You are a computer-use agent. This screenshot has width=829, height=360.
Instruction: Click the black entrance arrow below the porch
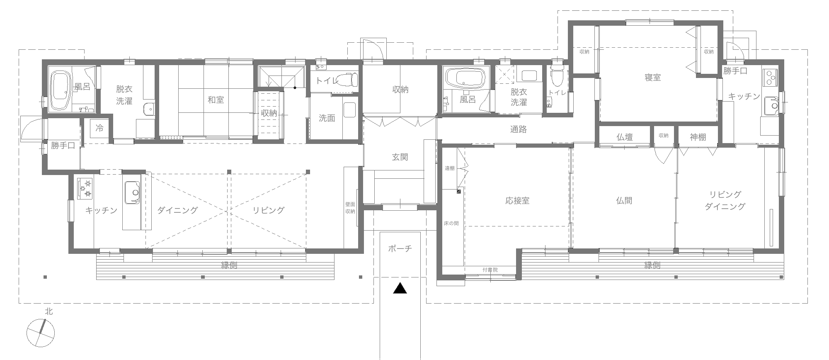[x=400, y=289]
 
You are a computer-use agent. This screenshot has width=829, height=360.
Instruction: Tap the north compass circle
[x=41, y=333]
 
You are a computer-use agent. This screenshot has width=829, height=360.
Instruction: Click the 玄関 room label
[x=400, y=157]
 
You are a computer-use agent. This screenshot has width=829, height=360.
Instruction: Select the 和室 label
[x=216, y=100]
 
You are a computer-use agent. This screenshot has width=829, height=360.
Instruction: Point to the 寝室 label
[x=652, y=78]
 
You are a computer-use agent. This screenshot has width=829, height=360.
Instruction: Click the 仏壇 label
[x=624, y=137]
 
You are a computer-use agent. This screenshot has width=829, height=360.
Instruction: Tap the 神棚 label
[x=698, y=137]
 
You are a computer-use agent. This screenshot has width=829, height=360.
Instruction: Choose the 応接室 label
[x=517, y=201]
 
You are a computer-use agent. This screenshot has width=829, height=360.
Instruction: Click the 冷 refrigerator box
[x=99, y=128]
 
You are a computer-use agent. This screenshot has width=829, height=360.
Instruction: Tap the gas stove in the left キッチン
[x=85, y=188]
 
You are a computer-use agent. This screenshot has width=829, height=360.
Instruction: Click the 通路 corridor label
[x=518, y=130]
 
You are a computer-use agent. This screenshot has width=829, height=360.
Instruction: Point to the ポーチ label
[x=400, y=249]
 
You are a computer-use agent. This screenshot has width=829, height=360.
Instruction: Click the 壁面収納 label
[x=350, y=208]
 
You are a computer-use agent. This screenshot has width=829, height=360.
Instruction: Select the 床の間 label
[x=451, y=224]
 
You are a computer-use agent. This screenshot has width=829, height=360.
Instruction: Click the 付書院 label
[x=490, y=270]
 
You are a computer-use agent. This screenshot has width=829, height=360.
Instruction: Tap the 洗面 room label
[x=327, y=119]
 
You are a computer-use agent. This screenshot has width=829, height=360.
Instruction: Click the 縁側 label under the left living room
[x=229, y=265]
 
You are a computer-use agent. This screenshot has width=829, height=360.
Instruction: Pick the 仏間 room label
[x=624, y=201]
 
